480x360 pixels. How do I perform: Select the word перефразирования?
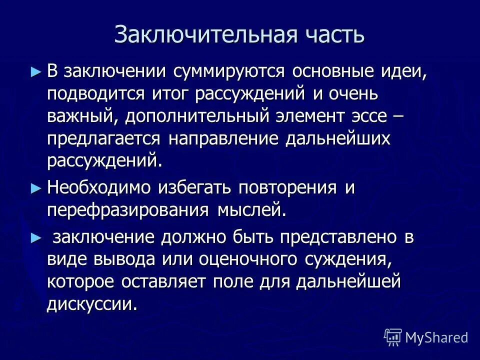128,210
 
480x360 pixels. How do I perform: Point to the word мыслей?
252,210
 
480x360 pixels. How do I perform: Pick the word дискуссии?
92,304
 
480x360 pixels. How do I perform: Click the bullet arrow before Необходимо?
34,188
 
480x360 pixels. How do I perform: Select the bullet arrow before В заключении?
34,71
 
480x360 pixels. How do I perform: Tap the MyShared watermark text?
436,337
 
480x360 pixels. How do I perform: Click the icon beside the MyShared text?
393,337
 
